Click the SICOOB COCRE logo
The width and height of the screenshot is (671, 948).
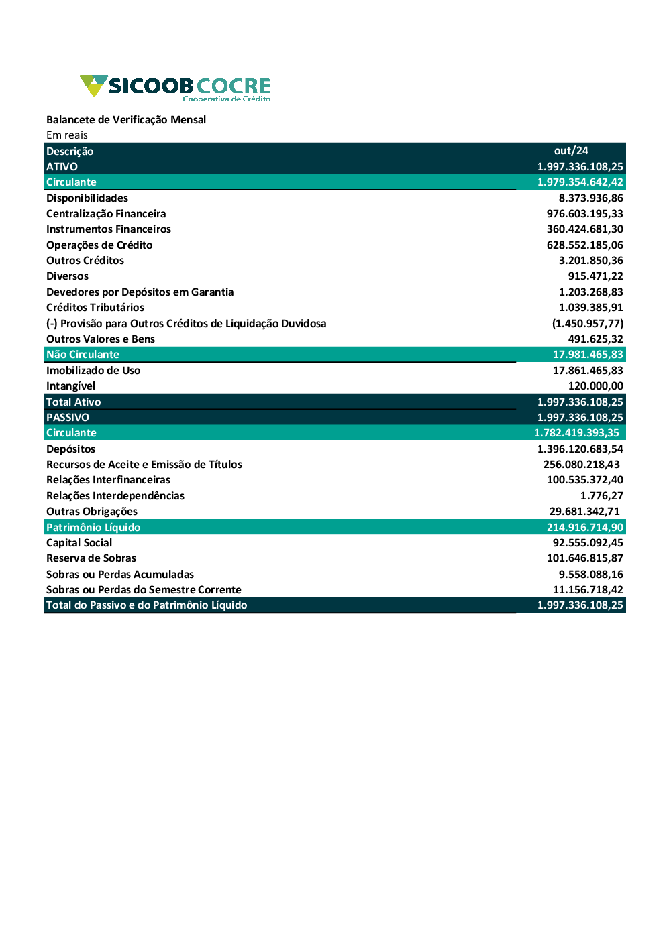coord(175,88)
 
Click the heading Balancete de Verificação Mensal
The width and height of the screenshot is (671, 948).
coord(126,119)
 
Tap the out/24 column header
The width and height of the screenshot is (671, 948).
coord(571,151)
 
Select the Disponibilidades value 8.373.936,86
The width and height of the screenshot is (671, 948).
coord(590,198)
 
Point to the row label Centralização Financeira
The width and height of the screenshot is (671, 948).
coord(106,214)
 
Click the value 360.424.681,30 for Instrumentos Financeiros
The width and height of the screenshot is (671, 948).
coord(584,229)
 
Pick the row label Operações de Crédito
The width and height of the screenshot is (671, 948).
coord(99,245)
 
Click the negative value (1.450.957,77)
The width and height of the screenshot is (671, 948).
coord(587,323)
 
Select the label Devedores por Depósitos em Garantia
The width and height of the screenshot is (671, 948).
coord(140,292)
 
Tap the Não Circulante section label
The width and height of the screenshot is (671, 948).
coord(83,355)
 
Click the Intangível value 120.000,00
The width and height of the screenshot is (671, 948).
coord(595,386)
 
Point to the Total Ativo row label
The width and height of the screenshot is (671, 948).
coord(73,402)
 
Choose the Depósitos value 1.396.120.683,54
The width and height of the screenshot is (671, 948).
coord(580,449)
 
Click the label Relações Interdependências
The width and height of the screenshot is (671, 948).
coord(115,496)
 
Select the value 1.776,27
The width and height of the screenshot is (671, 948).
coord(601,496)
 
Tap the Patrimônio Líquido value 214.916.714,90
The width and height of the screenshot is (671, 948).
coord(584,528)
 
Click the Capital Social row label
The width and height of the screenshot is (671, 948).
coord(79,543)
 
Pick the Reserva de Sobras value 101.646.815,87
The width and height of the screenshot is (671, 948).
coord(584,558)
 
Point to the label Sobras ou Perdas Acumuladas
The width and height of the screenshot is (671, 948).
coord(120,575)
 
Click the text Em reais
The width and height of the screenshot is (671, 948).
coord(67,135)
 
